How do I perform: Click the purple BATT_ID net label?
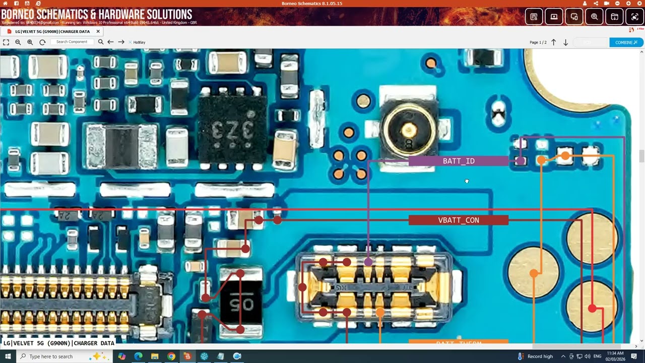pos(458,161)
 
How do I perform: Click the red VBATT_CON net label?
pos(458,220)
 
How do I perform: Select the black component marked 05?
pos(241,303)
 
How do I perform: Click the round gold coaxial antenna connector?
pos(408,130)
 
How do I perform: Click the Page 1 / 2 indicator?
pos(538,42)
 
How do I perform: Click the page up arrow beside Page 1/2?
pos(553,42)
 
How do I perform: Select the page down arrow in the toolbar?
pos(565,42)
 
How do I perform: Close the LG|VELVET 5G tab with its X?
pos(98,31)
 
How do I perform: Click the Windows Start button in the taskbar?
pos(8,356)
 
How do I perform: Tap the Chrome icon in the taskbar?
pos(171,356)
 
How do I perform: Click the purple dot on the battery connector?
pos(368,262)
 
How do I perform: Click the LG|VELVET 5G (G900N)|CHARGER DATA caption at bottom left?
pos(59,343)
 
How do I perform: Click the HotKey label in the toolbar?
pos(139,42)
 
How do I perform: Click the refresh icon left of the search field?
pos(42,42)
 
